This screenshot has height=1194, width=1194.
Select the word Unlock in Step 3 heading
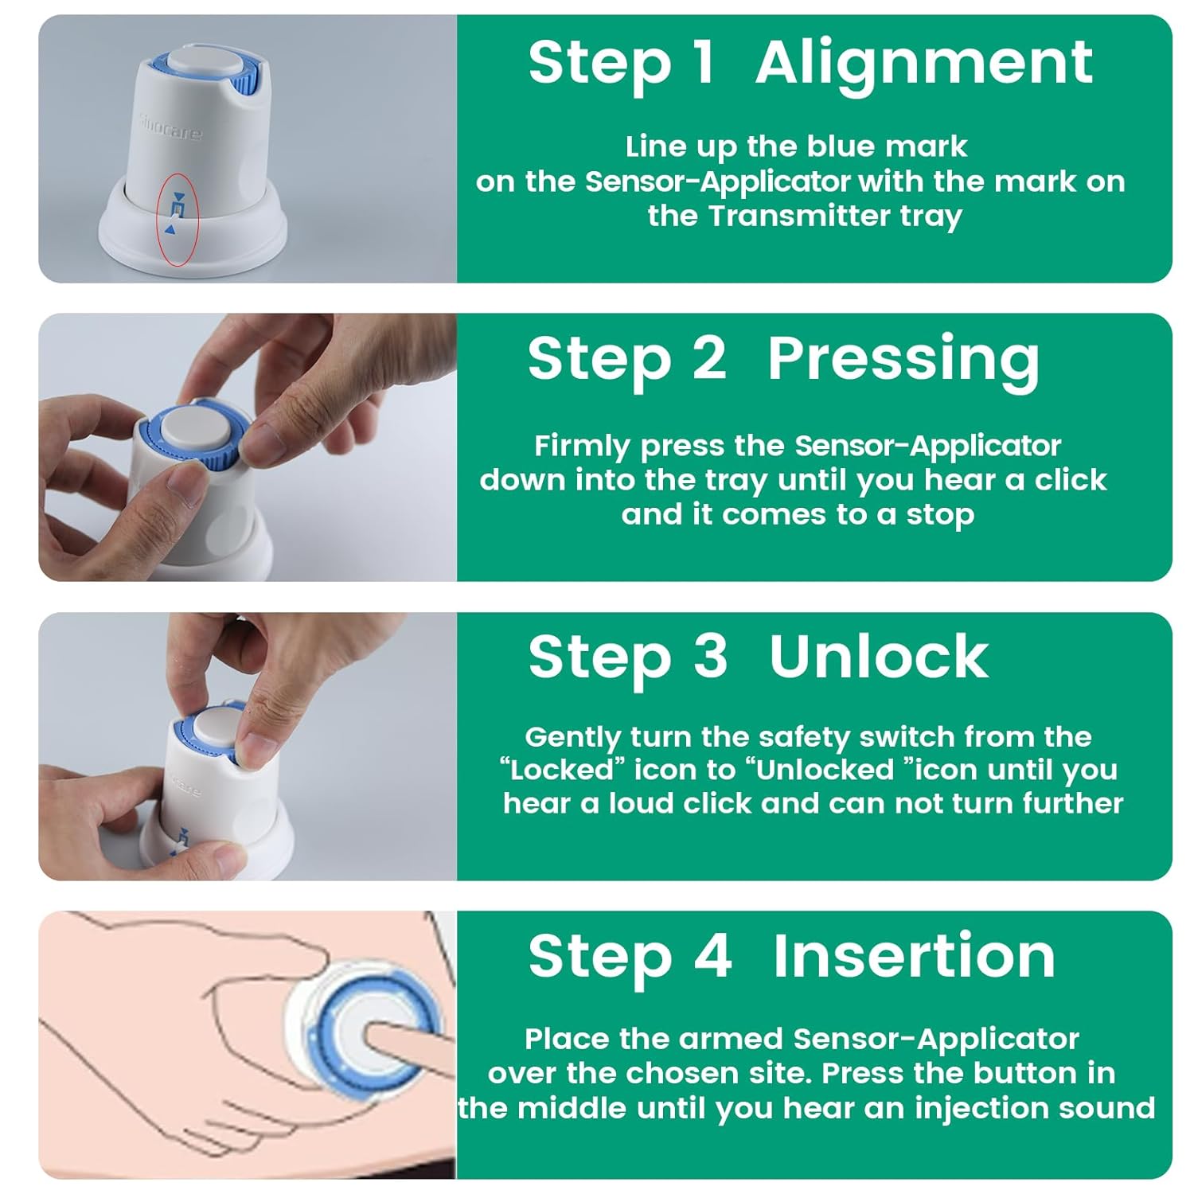[x=878, y=657]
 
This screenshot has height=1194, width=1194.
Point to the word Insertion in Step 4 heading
[x=914, y=956]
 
